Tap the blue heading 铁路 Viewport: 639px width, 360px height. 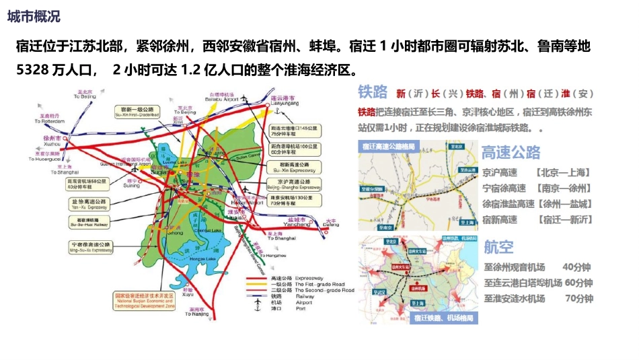(373, 92)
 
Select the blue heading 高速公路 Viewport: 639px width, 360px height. (511, 153)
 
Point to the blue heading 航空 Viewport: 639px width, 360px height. (498, 247)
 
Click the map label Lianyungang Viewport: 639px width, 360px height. (283, 104)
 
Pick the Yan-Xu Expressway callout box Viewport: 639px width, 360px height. (88, 204)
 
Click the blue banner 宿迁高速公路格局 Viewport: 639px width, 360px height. (391, 146)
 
